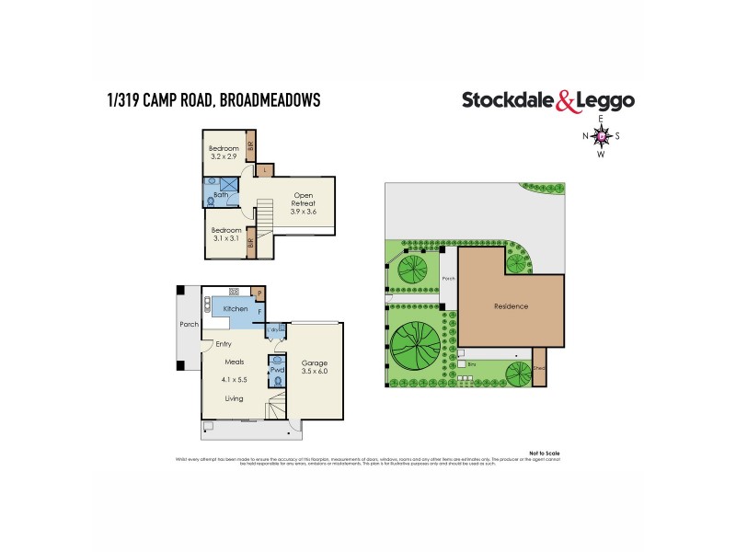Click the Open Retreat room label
[x=304, y=196]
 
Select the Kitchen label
[x=236, y=309]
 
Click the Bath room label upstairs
[x=221, y=195]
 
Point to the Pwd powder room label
[x=275, y=370]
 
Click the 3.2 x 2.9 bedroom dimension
[x=224, y=158]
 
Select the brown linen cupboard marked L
[x=265, y=170]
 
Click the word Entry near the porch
[x=224, y=344]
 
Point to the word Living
[x=236, y=398]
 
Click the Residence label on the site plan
[x=511, y=306]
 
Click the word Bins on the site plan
[x=471, y=364]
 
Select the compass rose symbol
[x=601, y=136]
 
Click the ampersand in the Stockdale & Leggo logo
[x=568, y=102]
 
